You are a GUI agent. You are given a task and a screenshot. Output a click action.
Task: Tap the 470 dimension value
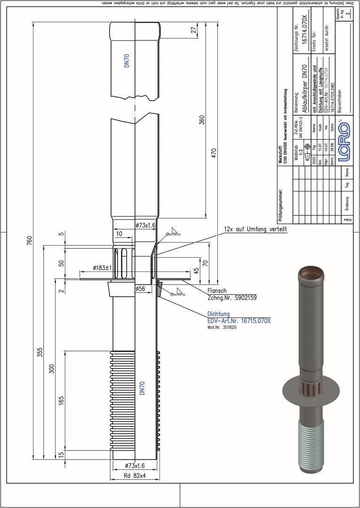[214, 154]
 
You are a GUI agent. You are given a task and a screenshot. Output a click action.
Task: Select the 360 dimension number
[202, 120]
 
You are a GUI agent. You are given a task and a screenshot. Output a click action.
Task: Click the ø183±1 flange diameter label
[96, 268]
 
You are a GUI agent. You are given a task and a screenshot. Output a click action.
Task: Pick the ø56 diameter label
[140, 288]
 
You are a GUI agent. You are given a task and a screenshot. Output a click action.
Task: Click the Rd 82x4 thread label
[135, 475]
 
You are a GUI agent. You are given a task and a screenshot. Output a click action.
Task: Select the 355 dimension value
[40, 353]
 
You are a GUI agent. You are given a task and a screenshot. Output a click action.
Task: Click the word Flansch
[217, 291]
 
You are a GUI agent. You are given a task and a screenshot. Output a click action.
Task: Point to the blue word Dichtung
[219, 314]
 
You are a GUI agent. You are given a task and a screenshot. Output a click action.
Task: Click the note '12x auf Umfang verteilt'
[255, 230]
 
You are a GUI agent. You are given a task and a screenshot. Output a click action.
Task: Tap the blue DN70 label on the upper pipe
[127, 62]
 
